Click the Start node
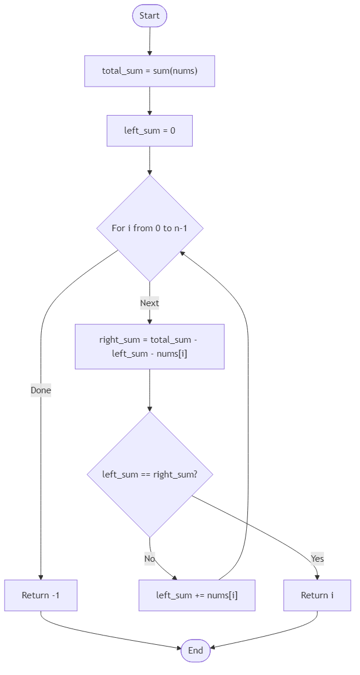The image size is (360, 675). [149, 16]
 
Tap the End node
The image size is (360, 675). [195, 651]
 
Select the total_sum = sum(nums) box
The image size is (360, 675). [150, 71]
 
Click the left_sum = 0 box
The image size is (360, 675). [149, 131]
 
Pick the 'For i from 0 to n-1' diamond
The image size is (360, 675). [150, 228]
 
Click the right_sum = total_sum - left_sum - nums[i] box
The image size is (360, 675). [149, 346]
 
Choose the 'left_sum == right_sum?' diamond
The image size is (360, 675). [150, 474]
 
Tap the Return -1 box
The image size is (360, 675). [41, 595]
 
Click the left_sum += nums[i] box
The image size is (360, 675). [197, 595]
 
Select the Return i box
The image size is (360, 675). [317, 595]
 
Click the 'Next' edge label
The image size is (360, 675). [149, 303]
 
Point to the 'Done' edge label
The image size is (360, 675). [41, 390]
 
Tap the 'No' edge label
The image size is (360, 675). [150, 558]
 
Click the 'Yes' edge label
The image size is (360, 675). [317, 558]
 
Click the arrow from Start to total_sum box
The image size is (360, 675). [149, 41]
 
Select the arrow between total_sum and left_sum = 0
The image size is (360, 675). [149, 100]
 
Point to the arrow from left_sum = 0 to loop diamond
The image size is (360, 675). [149, 160]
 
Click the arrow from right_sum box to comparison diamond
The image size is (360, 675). [149, 389]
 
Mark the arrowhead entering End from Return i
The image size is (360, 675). [213, 647]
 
